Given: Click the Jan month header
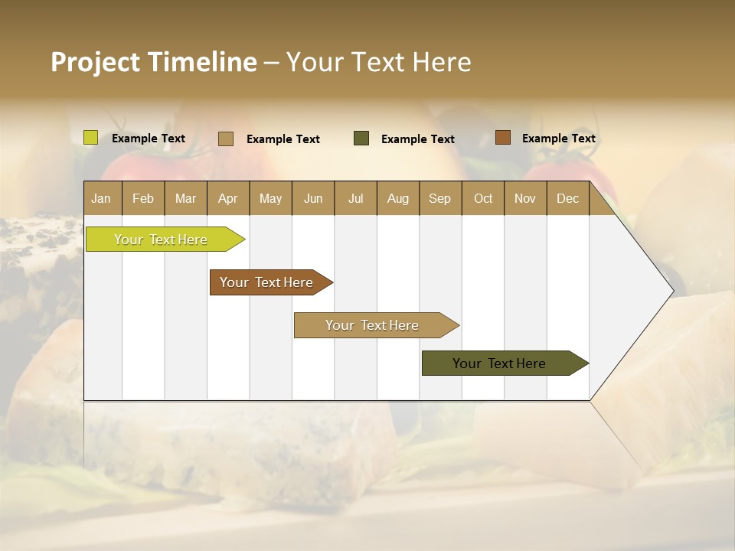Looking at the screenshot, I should tap(101, 198).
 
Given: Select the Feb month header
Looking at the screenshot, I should tap(143, 198).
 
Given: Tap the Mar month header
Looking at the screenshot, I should tap(185, 198).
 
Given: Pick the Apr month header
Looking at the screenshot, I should tap(227, 198).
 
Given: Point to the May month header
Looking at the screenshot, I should tap(270, 198).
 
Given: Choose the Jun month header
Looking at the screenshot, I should tap(313, 198).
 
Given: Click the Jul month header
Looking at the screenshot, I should tap(355, 198).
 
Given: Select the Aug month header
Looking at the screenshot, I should tap(397, 198).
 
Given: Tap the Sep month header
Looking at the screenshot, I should tap(439, 198).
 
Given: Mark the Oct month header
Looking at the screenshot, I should tap(483, 198).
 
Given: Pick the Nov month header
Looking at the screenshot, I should tap(525, 198).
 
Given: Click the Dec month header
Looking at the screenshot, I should tap(567, 198).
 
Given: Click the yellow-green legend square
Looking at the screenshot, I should tap(91, 138).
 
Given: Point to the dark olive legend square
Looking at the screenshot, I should tap(361, 138).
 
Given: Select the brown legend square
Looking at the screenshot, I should tap(502, 138).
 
